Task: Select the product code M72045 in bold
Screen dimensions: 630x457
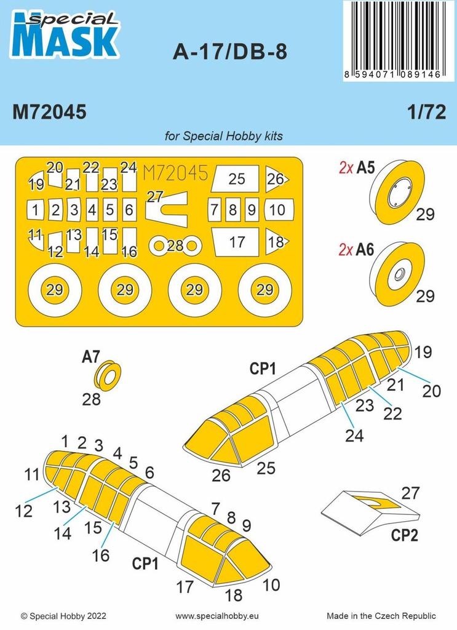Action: pyautogui.click(x=49, y=114)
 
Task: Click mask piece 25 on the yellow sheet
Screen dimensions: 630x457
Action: pyautogui.click(x=236, y=179)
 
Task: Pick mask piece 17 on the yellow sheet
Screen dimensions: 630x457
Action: pyautogui.click(x=237, y=242)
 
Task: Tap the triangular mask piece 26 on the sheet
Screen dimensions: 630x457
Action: pyautogui.click(x=276, y=179)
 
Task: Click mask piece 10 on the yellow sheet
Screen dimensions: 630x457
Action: pyautogui.click(x=277, y=210)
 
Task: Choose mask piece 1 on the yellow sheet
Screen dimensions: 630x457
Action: pyautogui.click(x=36, y=210)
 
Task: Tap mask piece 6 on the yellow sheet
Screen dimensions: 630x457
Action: pyautogui.click(x=129, y=210)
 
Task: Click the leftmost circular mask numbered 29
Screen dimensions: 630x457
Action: pyautogui.click(x=55, y=290)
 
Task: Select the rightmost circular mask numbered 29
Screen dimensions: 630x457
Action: pyautogui.click(x=264, y=290)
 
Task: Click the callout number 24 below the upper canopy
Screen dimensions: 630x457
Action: pyautogui.click(x=354, y=436)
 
